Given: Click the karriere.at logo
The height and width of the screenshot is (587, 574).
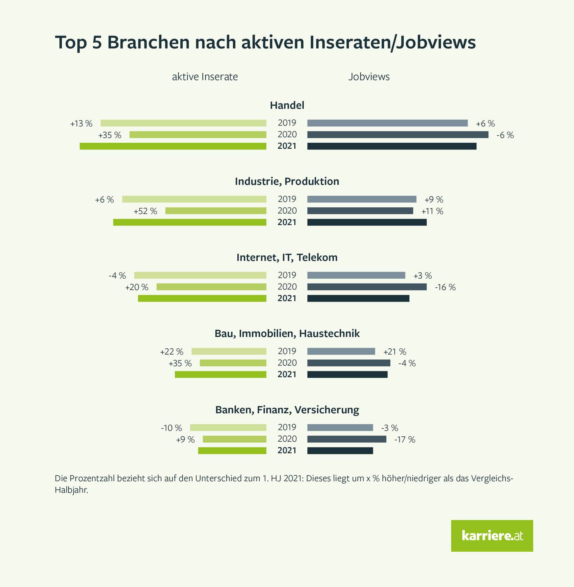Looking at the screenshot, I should (492, 535).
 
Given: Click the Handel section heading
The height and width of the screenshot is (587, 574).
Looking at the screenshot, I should (287, 105).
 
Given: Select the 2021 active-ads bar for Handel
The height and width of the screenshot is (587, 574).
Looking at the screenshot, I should (173, 146).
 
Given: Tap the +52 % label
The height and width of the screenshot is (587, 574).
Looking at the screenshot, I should (145, 211).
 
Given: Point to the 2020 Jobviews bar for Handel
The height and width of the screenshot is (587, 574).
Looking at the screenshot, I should (398, 134).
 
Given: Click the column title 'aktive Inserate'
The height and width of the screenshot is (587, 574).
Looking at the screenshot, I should (205, 77).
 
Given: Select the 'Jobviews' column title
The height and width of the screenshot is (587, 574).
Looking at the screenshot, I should (369, 77).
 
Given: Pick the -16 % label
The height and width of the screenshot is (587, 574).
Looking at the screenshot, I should (445, 287).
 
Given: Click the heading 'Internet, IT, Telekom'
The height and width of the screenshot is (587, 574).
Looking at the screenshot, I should (287, 258).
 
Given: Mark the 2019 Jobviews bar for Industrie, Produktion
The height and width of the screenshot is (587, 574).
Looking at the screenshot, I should (361, 199).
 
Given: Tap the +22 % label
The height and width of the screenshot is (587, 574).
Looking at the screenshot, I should (171, 352).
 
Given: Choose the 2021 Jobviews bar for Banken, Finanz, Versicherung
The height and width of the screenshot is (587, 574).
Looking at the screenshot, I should (340, 451).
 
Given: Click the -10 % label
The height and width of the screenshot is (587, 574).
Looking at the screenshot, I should (171, 428).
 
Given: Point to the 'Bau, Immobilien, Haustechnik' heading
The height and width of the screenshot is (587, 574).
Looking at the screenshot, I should (287, 334).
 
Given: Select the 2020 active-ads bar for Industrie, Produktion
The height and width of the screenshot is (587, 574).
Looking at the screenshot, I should (216, 211).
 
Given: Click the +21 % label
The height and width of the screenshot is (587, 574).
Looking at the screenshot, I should (395, 352).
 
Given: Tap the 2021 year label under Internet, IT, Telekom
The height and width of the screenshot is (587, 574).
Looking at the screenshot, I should (287, 298).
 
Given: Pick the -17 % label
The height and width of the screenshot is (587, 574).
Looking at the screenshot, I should (405, 439).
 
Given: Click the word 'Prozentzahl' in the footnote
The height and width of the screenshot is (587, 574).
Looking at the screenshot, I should (92, 479).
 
